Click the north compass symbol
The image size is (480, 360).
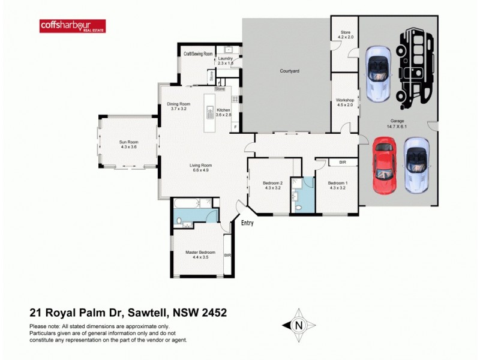pos(298,325)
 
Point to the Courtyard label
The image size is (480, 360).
pos(289,71)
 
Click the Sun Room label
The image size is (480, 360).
pos(128,145)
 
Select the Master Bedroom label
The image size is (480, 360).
pos(200,254)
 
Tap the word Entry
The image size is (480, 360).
pos(247,223)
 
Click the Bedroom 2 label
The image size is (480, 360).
pos(273,185)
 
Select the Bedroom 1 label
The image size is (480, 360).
pos(337,185)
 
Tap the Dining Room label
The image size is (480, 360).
pos(179,106)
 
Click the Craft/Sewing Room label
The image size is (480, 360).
pos(198,53)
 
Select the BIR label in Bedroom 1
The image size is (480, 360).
pos(343,162)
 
